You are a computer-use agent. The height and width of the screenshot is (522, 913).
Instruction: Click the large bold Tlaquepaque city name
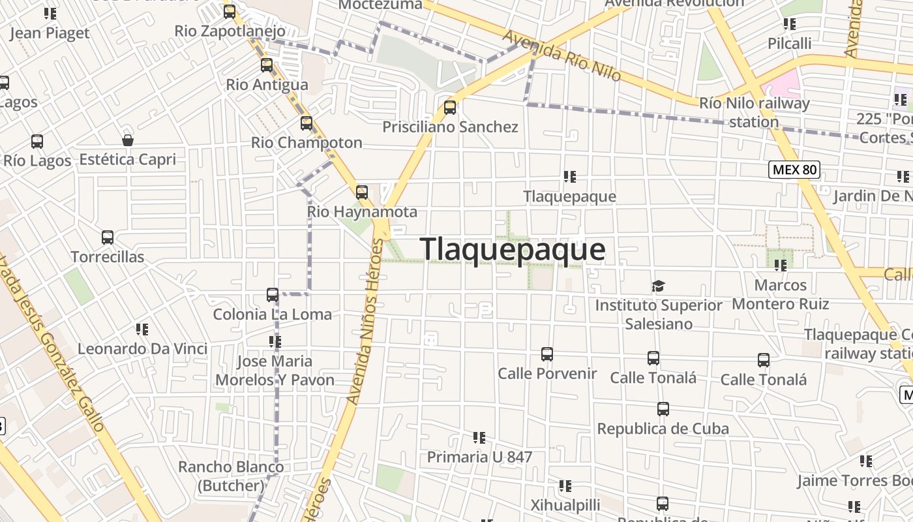513,250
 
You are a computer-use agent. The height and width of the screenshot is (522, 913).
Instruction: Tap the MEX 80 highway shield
794,170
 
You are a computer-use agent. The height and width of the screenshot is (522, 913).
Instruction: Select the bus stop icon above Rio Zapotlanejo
230,12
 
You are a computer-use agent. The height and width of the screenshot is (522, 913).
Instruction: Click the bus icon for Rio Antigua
267,65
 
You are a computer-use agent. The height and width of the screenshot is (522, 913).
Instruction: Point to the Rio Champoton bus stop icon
307,123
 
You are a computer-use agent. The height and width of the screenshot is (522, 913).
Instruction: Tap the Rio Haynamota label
362,212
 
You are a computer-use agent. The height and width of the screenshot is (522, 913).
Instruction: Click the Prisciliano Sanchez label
450,127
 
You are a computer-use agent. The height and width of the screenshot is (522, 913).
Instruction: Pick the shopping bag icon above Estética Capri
128,140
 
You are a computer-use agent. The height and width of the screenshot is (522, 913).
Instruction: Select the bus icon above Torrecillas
108,238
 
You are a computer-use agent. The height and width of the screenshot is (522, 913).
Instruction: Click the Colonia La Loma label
273,315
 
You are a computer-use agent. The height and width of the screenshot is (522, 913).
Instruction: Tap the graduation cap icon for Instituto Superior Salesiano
658,286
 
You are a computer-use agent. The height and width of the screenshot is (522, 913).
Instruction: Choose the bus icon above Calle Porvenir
547,354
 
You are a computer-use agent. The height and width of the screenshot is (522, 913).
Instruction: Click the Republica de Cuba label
663,429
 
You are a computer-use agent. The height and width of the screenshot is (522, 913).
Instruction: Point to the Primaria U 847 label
479,457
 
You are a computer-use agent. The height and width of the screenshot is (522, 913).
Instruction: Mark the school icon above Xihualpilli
565,486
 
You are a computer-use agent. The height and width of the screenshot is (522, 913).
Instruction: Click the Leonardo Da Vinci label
142,349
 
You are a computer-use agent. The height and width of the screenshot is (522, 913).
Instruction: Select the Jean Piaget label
50,33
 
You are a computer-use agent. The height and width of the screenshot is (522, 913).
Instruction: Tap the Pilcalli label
789,44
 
